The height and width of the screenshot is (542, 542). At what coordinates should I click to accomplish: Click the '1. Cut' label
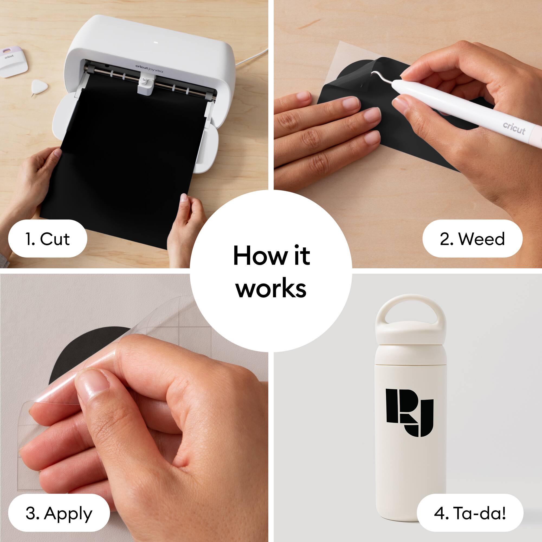[47, 239]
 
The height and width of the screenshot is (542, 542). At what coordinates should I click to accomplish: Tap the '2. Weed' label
[472, 239]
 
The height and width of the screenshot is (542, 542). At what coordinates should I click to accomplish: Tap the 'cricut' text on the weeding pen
[514, 128]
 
